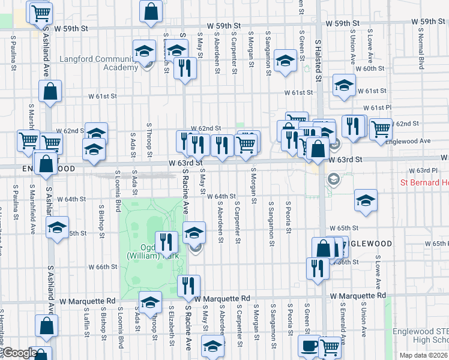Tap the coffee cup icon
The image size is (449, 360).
[x=310, y=346]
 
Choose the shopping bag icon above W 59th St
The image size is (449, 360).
[x=151, y=10]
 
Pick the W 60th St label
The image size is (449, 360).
[x=370, y=68]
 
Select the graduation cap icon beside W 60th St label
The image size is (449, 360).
[x=344, y=85]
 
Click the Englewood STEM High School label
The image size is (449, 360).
[x=420, y=335]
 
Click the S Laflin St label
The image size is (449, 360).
[x=86, y=320]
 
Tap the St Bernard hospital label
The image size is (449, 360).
[x=424, y=182]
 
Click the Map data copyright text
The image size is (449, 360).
[x=424, y=355]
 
